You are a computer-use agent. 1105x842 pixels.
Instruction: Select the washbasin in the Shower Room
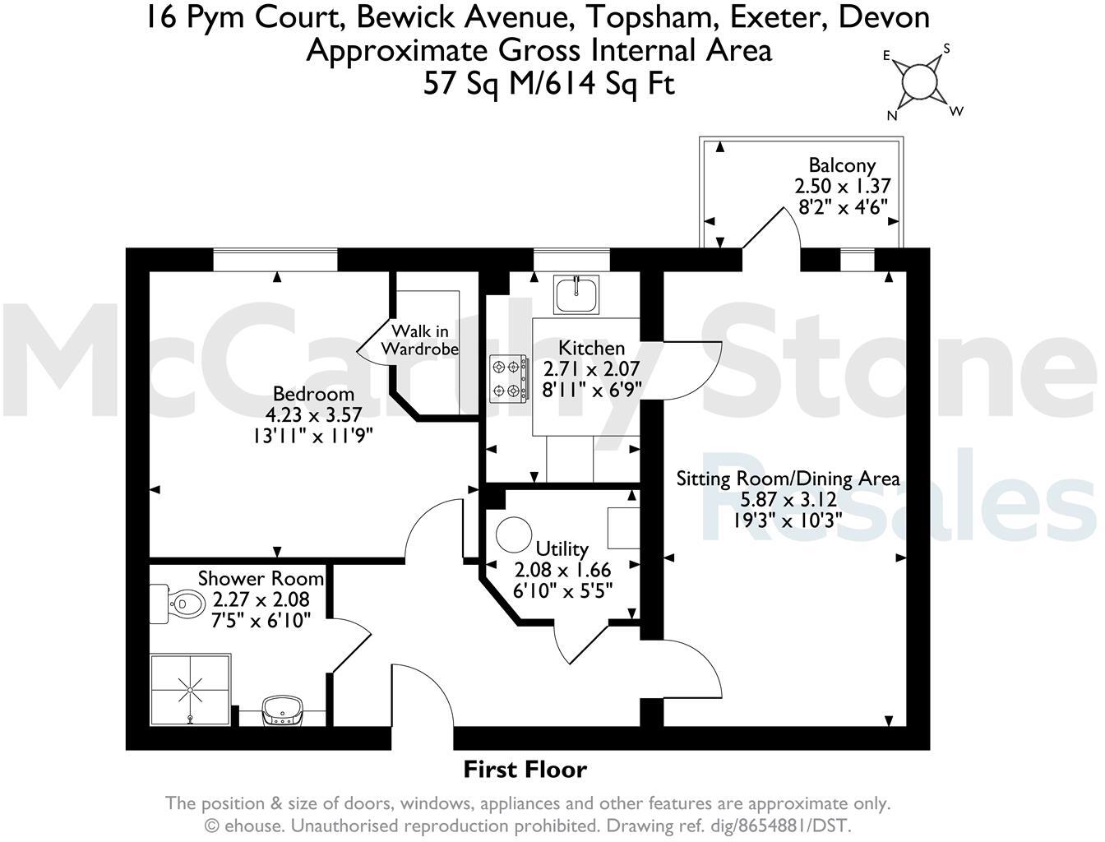282,709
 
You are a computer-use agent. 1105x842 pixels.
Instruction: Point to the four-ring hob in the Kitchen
508,378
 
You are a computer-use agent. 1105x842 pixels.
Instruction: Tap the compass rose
919,82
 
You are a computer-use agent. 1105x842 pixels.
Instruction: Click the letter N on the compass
891,116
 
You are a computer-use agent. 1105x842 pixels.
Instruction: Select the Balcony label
841,164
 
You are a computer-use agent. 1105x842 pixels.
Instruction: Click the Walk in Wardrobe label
420,340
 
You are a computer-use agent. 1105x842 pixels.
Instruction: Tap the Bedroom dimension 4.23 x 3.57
313,414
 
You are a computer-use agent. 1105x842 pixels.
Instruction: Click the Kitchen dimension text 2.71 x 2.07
591,369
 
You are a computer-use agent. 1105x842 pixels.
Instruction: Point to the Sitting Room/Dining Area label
788,479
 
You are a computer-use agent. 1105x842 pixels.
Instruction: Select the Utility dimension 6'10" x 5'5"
563,590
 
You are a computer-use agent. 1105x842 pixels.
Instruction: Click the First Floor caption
525,770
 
